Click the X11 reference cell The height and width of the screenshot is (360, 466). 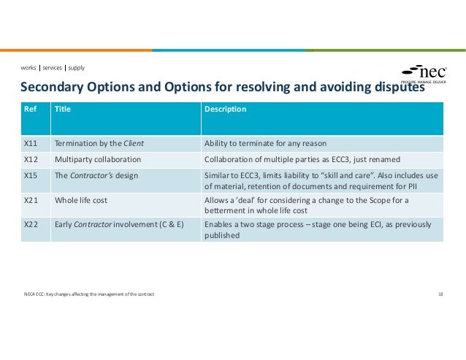31,143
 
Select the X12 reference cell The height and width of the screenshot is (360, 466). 31,159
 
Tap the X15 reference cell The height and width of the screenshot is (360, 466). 31,175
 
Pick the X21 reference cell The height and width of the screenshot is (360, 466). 31,200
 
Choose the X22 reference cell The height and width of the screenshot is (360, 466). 31,225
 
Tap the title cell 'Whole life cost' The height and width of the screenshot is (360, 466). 82,200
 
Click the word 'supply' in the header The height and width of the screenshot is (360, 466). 75,68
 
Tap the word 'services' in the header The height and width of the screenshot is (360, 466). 52,68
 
